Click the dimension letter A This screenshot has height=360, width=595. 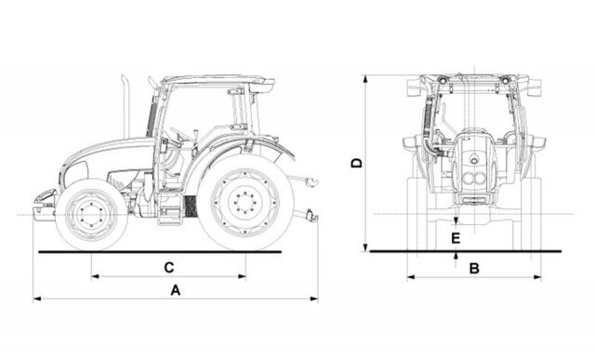[175, 290]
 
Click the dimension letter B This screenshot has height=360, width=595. [474, 269]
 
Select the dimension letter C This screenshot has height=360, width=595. [169, 267]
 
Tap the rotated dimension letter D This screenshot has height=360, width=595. [357, 164]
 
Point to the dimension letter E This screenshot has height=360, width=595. [456, 238]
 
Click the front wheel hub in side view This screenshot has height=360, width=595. [91, 215]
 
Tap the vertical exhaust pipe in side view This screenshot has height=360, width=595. [126, 106]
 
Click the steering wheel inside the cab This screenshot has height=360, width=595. [180, 134]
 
